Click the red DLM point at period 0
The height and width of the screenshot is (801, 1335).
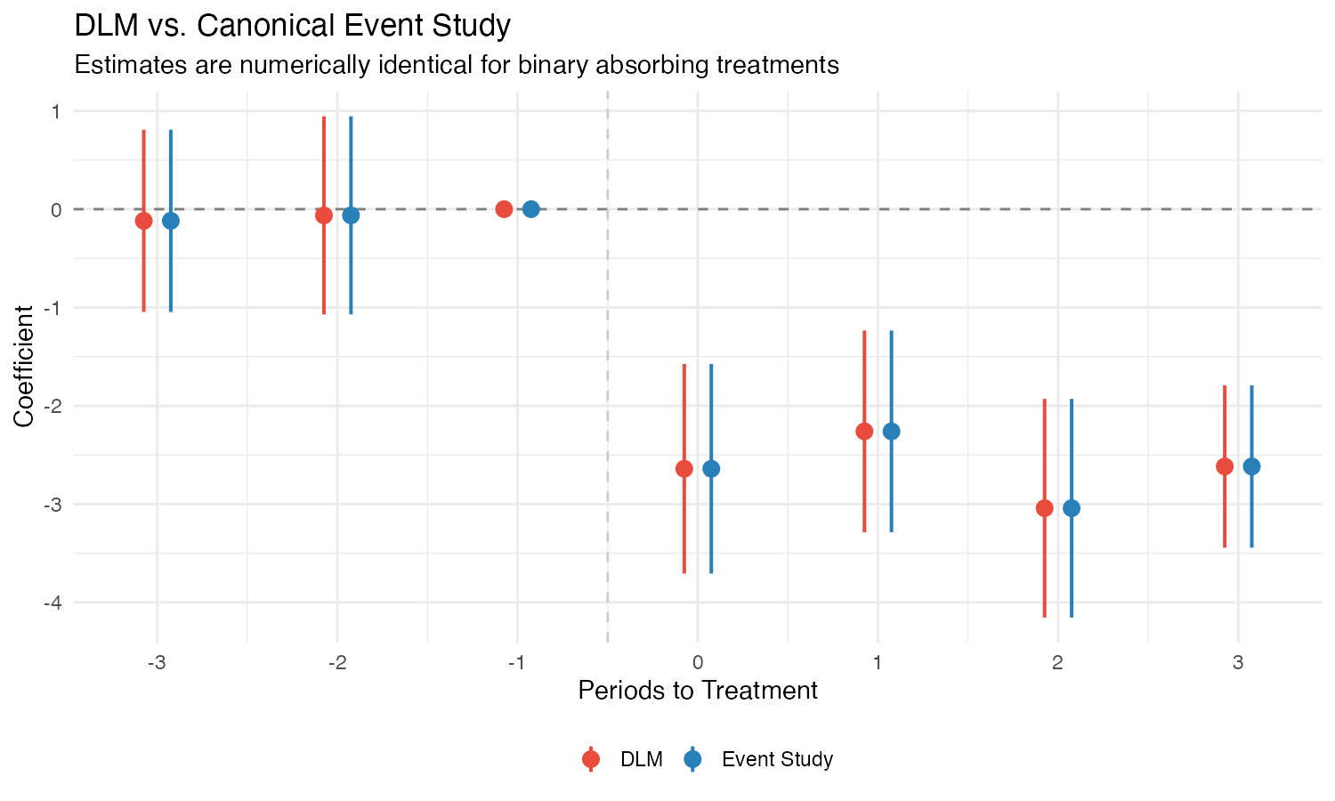click(684, 468)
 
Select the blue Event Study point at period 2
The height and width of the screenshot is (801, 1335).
click(1072, 508)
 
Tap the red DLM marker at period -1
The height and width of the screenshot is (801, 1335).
click(504, 209)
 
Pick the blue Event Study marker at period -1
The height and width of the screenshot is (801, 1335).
click(531, 209)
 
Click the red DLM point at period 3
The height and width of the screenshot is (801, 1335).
click(1225, 466)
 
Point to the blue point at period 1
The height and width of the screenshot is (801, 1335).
click(891, 432)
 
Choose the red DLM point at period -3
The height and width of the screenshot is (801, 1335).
click(143, 221)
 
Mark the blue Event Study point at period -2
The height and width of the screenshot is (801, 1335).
click(351, 215)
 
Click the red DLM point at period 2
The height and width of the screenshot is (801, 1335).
click(1045, 508)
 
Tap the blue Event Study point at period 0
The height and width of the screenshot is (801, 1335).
click(711, 468)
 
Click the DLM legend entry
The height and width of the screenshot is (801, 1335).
click(641, 759)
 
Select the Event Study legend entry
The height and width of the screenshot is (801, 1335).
click(777, 759)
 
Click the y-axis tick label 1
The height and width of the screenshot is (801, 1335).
click(55, 111)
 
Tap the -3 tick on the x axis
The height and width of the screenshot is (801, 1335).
click(157, 662)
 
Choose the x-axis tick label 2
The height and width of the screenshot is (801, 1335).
click(1057, 662)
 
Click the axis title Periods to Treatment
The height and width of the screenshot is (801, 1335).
click(698, 691)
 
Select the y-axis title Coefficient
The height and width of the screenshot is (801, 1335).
click(24, 366)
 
